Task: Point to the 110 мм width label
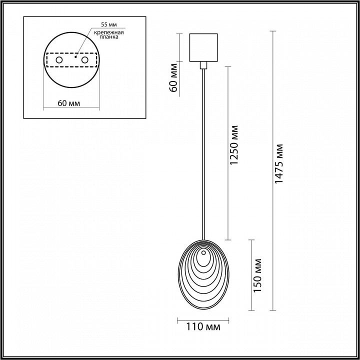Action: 202,327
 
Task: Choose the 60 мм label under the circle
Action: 69,103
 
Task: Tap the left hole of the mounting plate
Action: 59,60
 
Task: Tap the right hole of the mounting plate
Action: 84,60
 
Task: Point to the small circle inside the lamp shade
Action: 203,259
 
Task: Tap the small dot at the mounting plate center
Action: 75,57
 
